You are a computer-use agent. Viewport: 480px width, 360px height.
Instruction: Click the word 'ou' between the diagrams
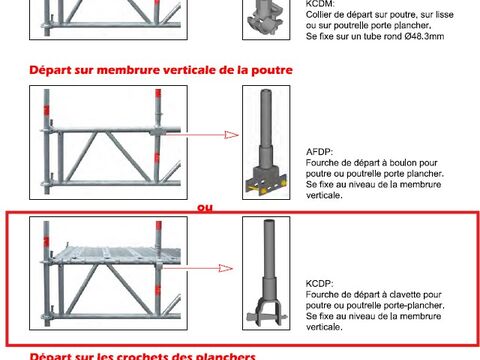(205, 208)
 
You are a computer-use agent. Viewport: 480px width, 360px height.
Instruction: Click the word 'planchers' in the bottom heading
(228, 355)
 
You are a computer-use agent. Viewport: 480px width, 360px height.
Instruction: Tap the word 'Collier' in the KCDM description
(327, 16)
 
